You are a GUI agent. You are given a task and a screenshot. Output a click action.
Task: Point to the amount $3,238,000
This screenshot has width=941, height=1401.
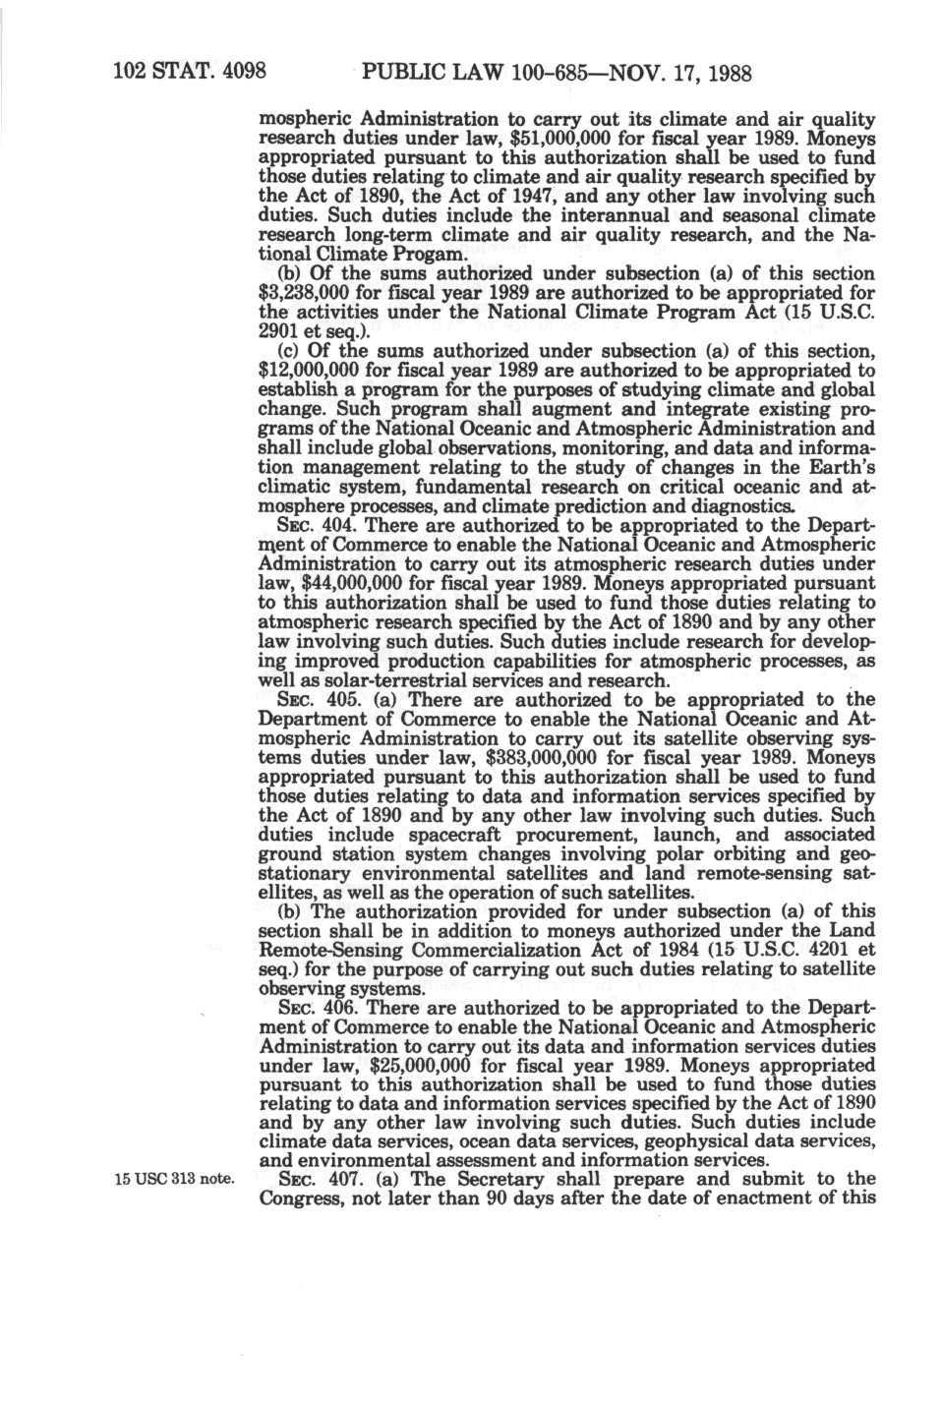point(305,293)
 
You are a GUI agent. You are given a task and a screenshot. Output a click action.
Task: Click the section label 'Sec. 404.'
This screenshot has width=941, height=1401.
point(320,526)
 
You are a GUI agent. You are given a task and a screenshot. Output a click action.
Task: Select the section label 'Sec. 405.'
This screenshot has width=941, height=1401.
point(320,700)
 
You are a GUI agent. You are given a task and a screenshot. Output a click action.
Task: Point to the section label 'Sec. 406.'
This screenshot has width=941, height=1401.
point(320,1008)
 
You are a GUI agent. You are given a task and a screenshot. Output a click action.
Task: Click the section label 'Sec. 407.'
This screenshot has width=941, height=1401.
point(320,1180)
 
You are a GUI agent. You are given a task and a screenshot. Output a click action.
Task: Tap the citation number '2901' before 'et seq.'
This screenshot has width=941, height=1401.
point(277,331)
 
